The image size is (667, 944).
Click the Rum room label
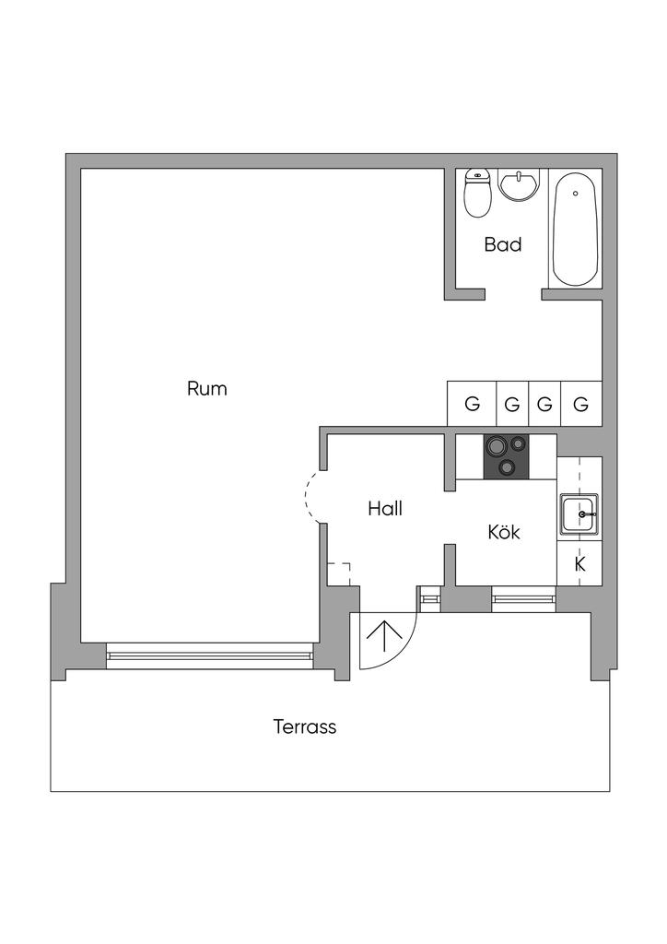[207, 389]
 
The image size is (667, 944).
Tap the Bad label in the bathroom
[503, 245]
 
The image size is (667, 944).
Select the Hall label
[385, 508]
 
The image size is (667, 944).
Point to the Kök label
[504, 533]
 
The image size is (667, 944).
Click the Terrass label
[305, 726]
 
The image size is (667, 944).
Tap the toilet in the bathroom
[477, 193]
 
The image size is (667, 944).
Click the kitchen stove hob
[507, 456]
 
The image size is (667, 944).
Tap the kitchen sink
[579, 514]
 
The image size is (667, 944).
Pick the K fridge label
[580, 564]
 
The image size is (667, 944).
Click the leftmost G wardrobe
[472, 404]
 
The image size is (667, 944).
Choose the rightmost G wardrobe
[581, 404]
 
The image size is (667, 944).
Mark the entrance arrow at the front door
[383, 636]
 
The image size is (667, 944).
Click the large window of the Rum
[209, 655]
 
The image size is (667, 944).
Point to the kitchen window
[524, 600]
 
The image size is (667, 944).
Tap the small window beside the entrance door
[430, 600]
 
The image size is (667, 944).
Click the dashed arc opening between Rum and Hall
[311, 498]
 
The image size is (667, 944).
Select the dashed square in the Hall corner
[339, 572]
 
